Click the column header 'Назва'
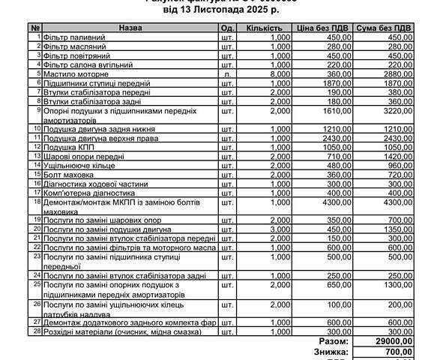point(130,27)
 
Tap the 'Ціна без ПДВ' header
point(322,27)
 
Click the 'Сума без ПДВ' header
point(384,27)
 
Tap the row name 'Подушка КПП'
point(68,148)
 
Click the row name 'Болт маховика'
point(70,174)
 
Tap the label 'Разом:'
point(334,341)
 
